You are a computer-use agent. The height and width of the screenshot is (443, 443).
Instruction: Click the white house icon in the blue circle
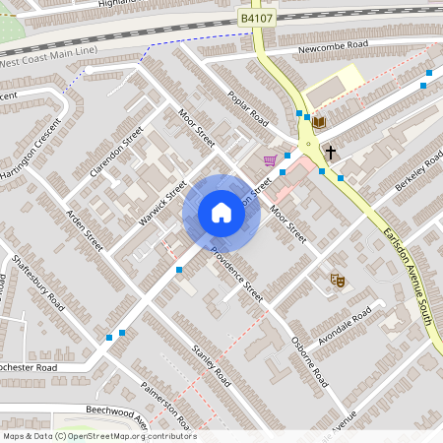coord(221,213)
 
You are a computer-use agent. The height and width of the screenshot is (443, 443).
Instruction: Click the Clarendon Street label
coord(116,152)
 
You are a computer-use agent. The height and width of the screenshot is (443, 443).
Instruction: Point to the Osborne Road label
coord(309,361)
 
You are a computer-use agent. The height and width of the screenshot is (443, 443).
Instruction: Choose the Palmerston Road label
coord(164,405)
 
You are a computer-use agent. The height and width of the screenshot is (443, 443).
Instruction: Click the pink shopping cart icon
coord(270,160)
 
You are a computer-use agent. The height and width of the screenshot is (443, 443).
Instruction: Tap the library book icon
coord(319,122)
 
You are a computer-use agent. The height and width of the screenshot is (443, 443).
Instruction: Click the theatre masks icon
coord(337,281)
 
